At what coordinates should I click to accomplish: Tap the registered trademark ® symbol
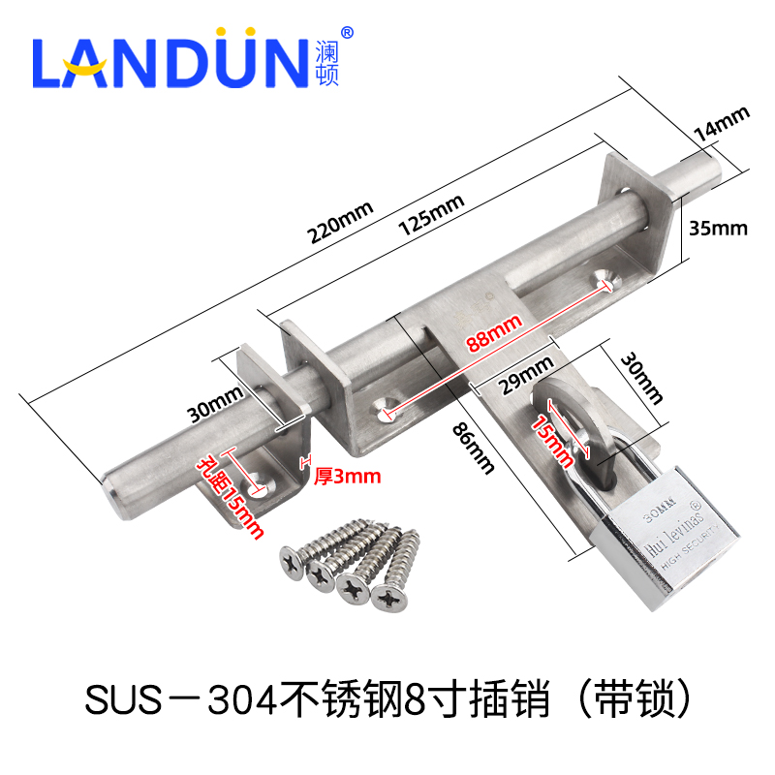[x=348, y=32]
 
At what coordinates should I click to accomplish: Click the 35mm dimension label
[x=717, y=228]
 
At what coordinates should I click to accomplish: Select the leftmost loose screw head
[x=292, y=559]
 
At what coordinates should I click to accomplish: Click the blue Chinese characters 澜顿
[x=327, y=64]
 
